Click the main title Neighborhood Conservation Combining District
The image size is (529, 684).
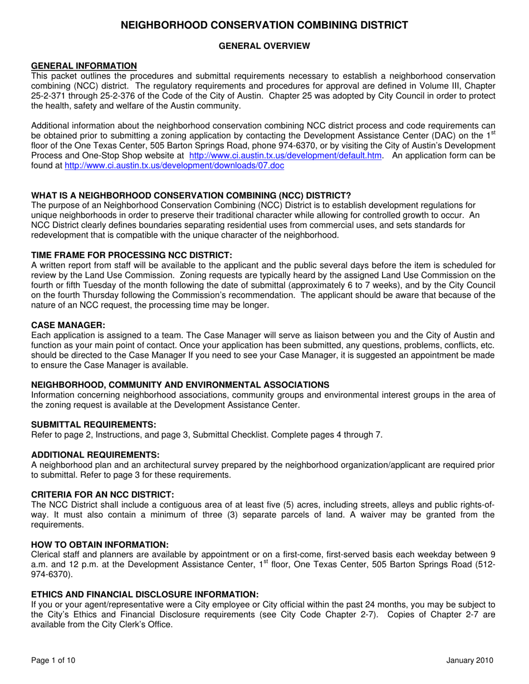coord(264,25)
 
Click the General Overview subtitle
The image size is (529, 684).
coord(264,47)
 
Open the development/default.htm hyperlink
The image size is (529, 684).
coord(286,156)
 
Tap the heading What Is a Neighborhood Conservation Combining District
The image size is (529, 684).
coord(191,195)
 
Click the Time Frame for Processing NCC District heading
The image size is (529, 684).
coord(131,255)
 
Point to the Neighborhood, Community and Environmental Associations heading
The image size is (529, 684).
coord(180,385)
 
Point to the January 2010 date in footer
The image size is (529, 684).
coord(469,661)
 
